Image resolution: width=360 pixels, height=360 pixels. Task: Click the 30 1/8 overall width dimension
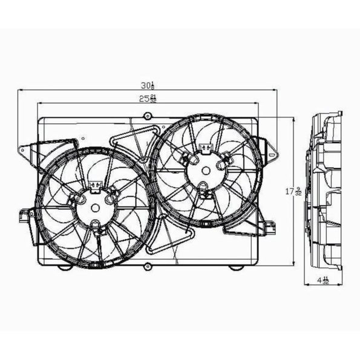(146, 86)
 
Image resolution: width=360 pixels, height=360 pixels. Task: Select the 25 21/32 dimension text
(146, 99)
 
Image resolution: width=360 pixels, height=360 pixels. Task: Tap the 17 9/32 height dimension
(295, 192)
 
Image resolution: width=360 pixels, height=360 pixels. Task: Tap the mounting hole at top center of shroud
(147, 116)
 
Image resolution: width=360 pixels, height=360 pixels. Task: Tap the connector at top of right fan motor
(206, 146)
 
